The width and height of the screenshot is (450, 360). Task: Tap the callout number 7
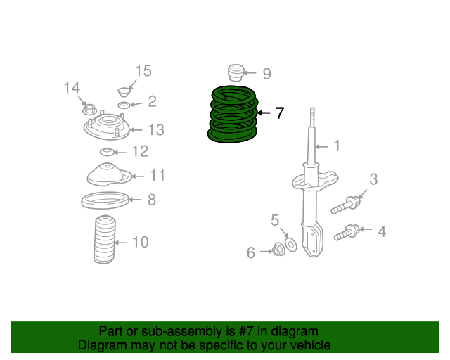pyautogui.click(x=280, y=112)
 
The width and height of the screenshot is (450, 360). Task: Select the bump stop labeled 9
pyautogui.click(x=236, y=72)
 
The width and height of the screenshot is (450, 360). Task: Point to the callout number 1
pyautogui.click(x=337, y=146)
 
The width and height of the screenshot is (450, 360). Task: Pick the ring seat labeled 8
pyautogui.click(x=105, y=201)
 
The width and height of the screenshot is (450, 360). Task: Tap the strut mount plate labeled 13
pyautogui.click(x=106, y=129)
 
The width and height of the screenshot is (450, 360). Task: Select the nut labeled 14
pyautogui.click(x=89, y=109)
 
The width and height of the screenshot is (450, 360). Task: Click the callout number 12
pyautogui.click(x=140, y=151)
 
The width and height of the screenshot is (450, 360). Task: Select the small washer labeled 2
pyautogui.click(x=124, y=105)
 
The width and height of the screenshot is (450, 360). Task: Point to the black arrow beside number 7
pyautogui.click(x=262, y=112)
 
